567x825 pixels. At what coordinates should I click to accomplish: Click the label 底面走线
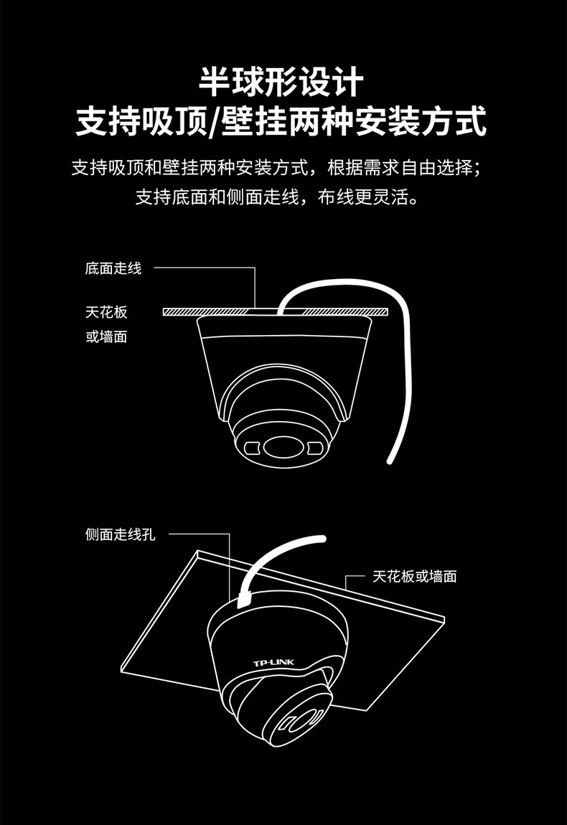113,269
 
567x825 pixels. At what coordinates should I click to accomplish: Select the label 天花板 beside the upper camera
106,312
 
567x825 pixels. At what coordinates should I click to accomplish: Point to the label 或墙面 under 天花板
106,336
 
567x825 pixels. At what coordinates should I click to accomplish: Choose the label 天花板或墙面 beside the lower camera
415,576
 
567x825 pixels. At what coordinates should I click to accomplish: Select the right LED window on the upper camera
314,449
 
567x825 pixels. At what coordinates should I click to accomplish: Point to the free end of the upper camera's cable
390,457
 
